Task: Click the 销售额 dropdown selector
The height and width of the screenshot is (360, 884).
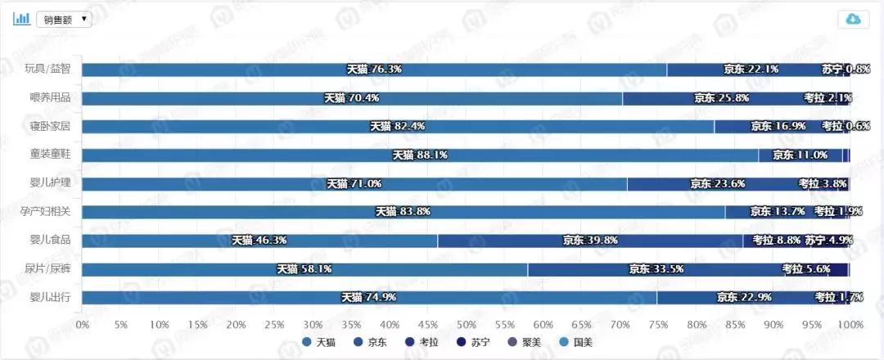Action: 64,19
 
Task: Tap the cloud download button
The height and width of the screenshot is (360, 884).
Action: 853,20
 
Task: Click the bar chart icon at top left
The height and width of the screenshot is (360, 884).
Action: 22,19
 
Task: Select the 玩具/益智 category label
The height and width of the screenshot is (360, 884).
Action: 48,70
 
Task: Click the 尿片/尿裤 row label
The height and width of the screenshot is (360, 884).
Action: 48,268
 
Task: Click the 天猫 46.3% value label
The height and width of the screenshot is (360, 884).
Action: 259,241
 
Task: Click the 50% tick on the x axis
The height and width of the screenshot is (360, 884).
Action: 467,325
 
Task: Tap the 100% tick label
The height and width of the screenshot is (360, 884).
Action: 850,325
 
